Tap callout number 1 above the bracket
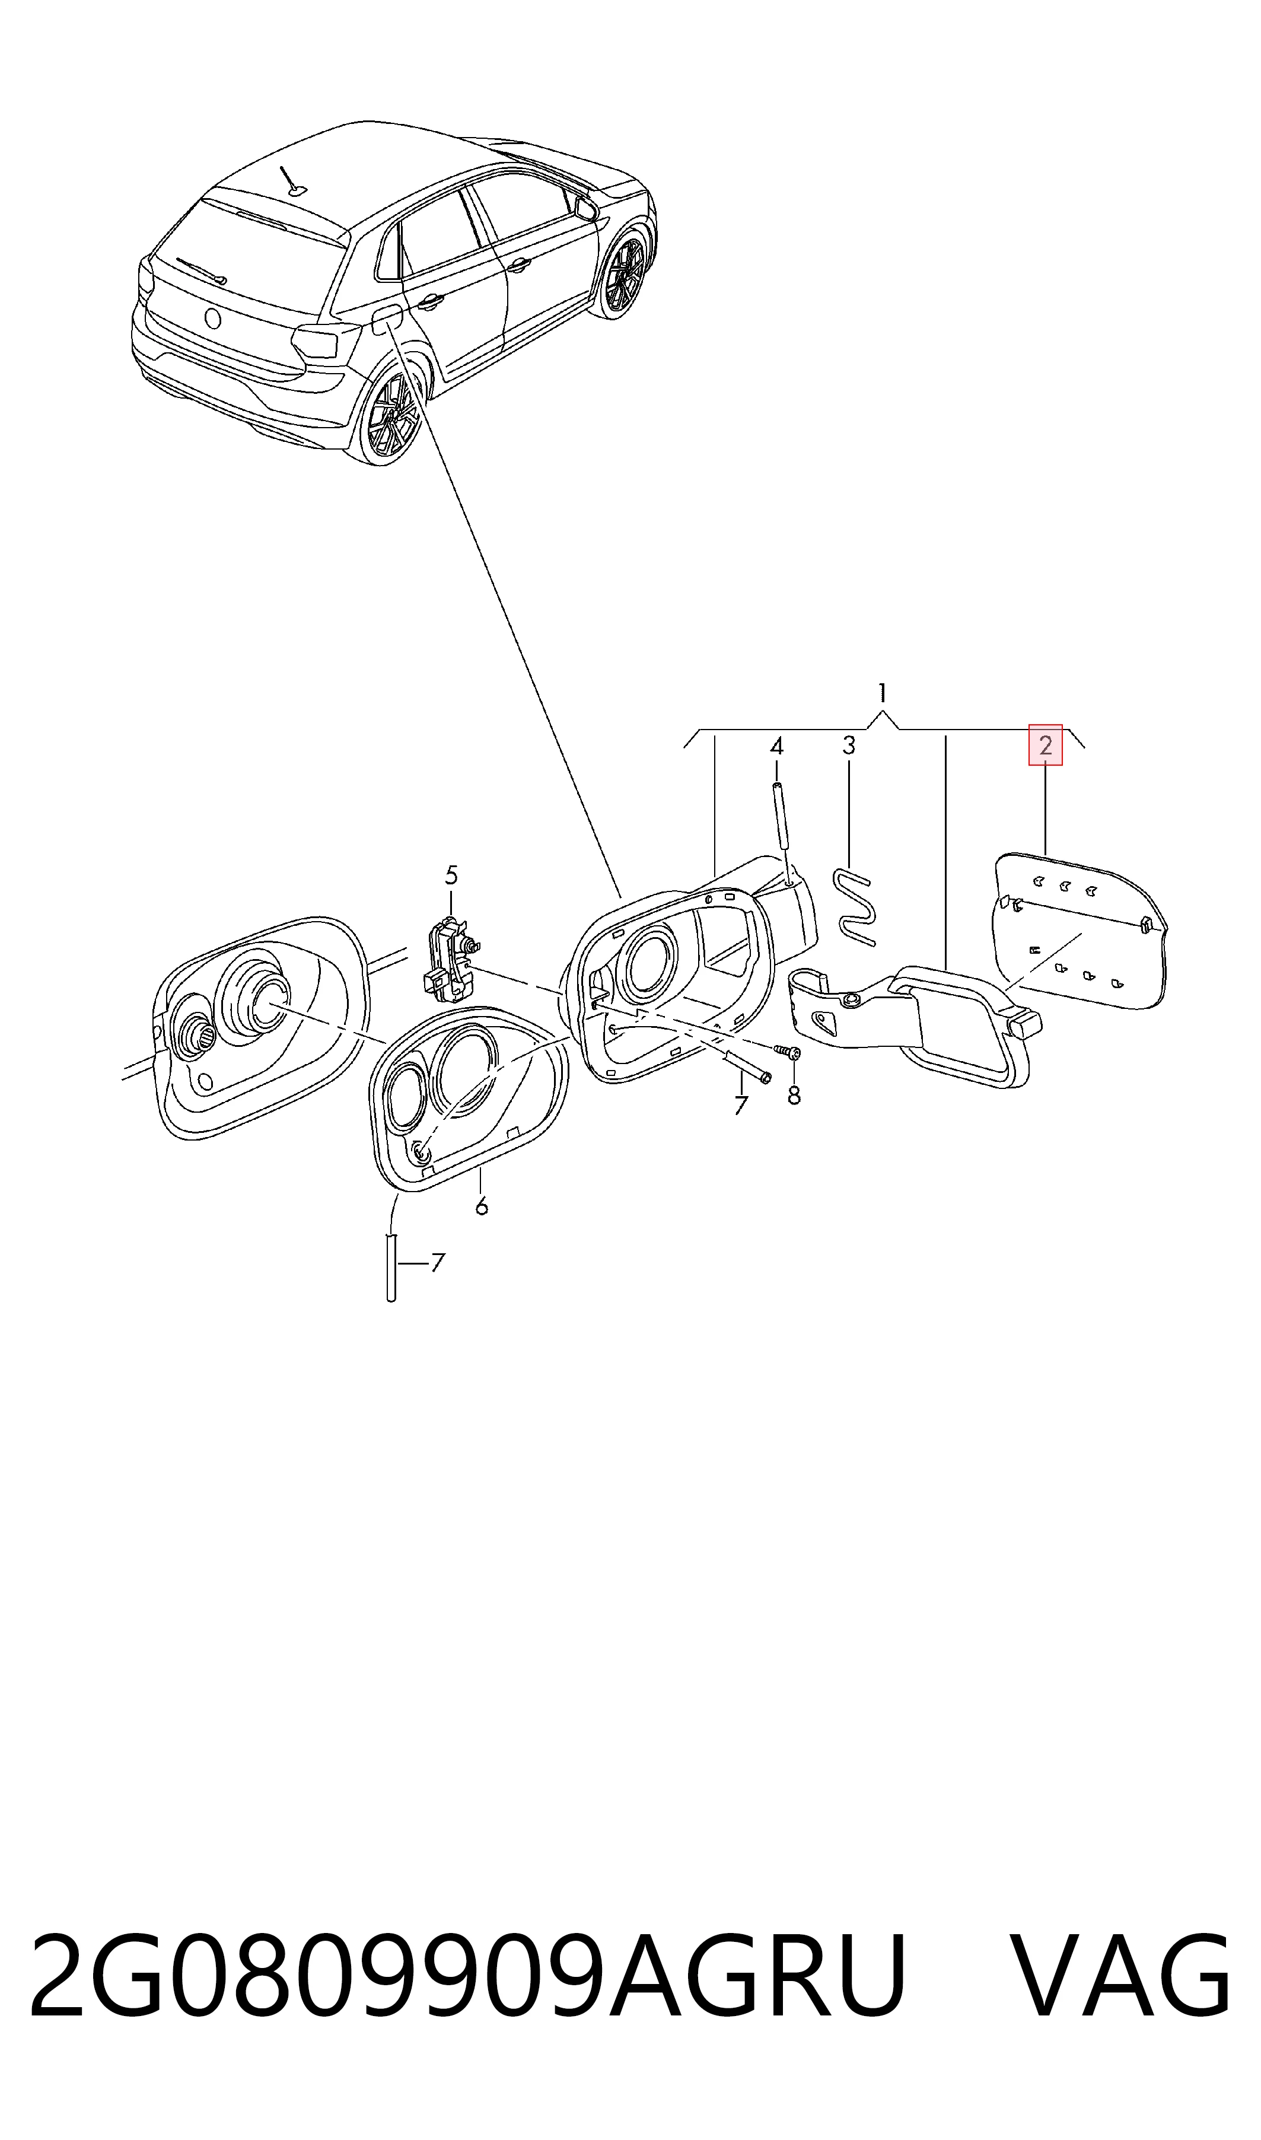(x=882, y=693)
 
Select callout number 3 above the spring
(x=849, y=746)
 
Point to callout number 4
(x=776, y=747)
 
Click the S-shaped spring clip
(x=855, y=906)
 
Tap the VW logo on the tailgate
(x=212, y=318)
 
